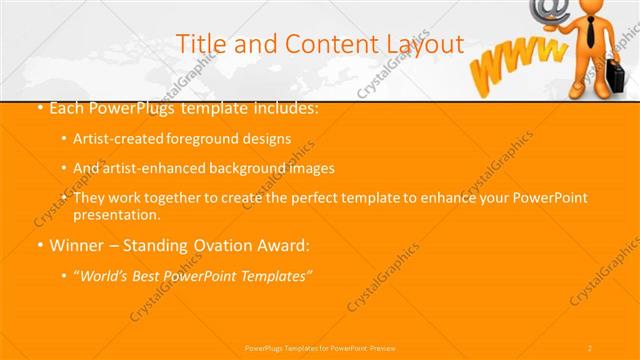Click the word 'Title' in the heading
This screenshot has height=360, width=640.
pos(198,44)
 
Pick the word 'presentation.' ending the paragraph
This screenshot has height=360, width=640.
pos(117,215)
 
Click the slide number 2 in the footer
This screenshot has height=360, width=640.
pos(590,347)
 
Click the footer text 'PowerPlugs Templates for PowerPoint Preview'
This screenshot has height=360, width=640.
pos(321,347)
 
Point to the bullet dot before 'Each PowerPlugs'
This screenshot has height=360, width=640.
pos(38,107)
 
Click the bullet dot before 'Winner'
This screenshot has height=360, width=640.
pos(38,245)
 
